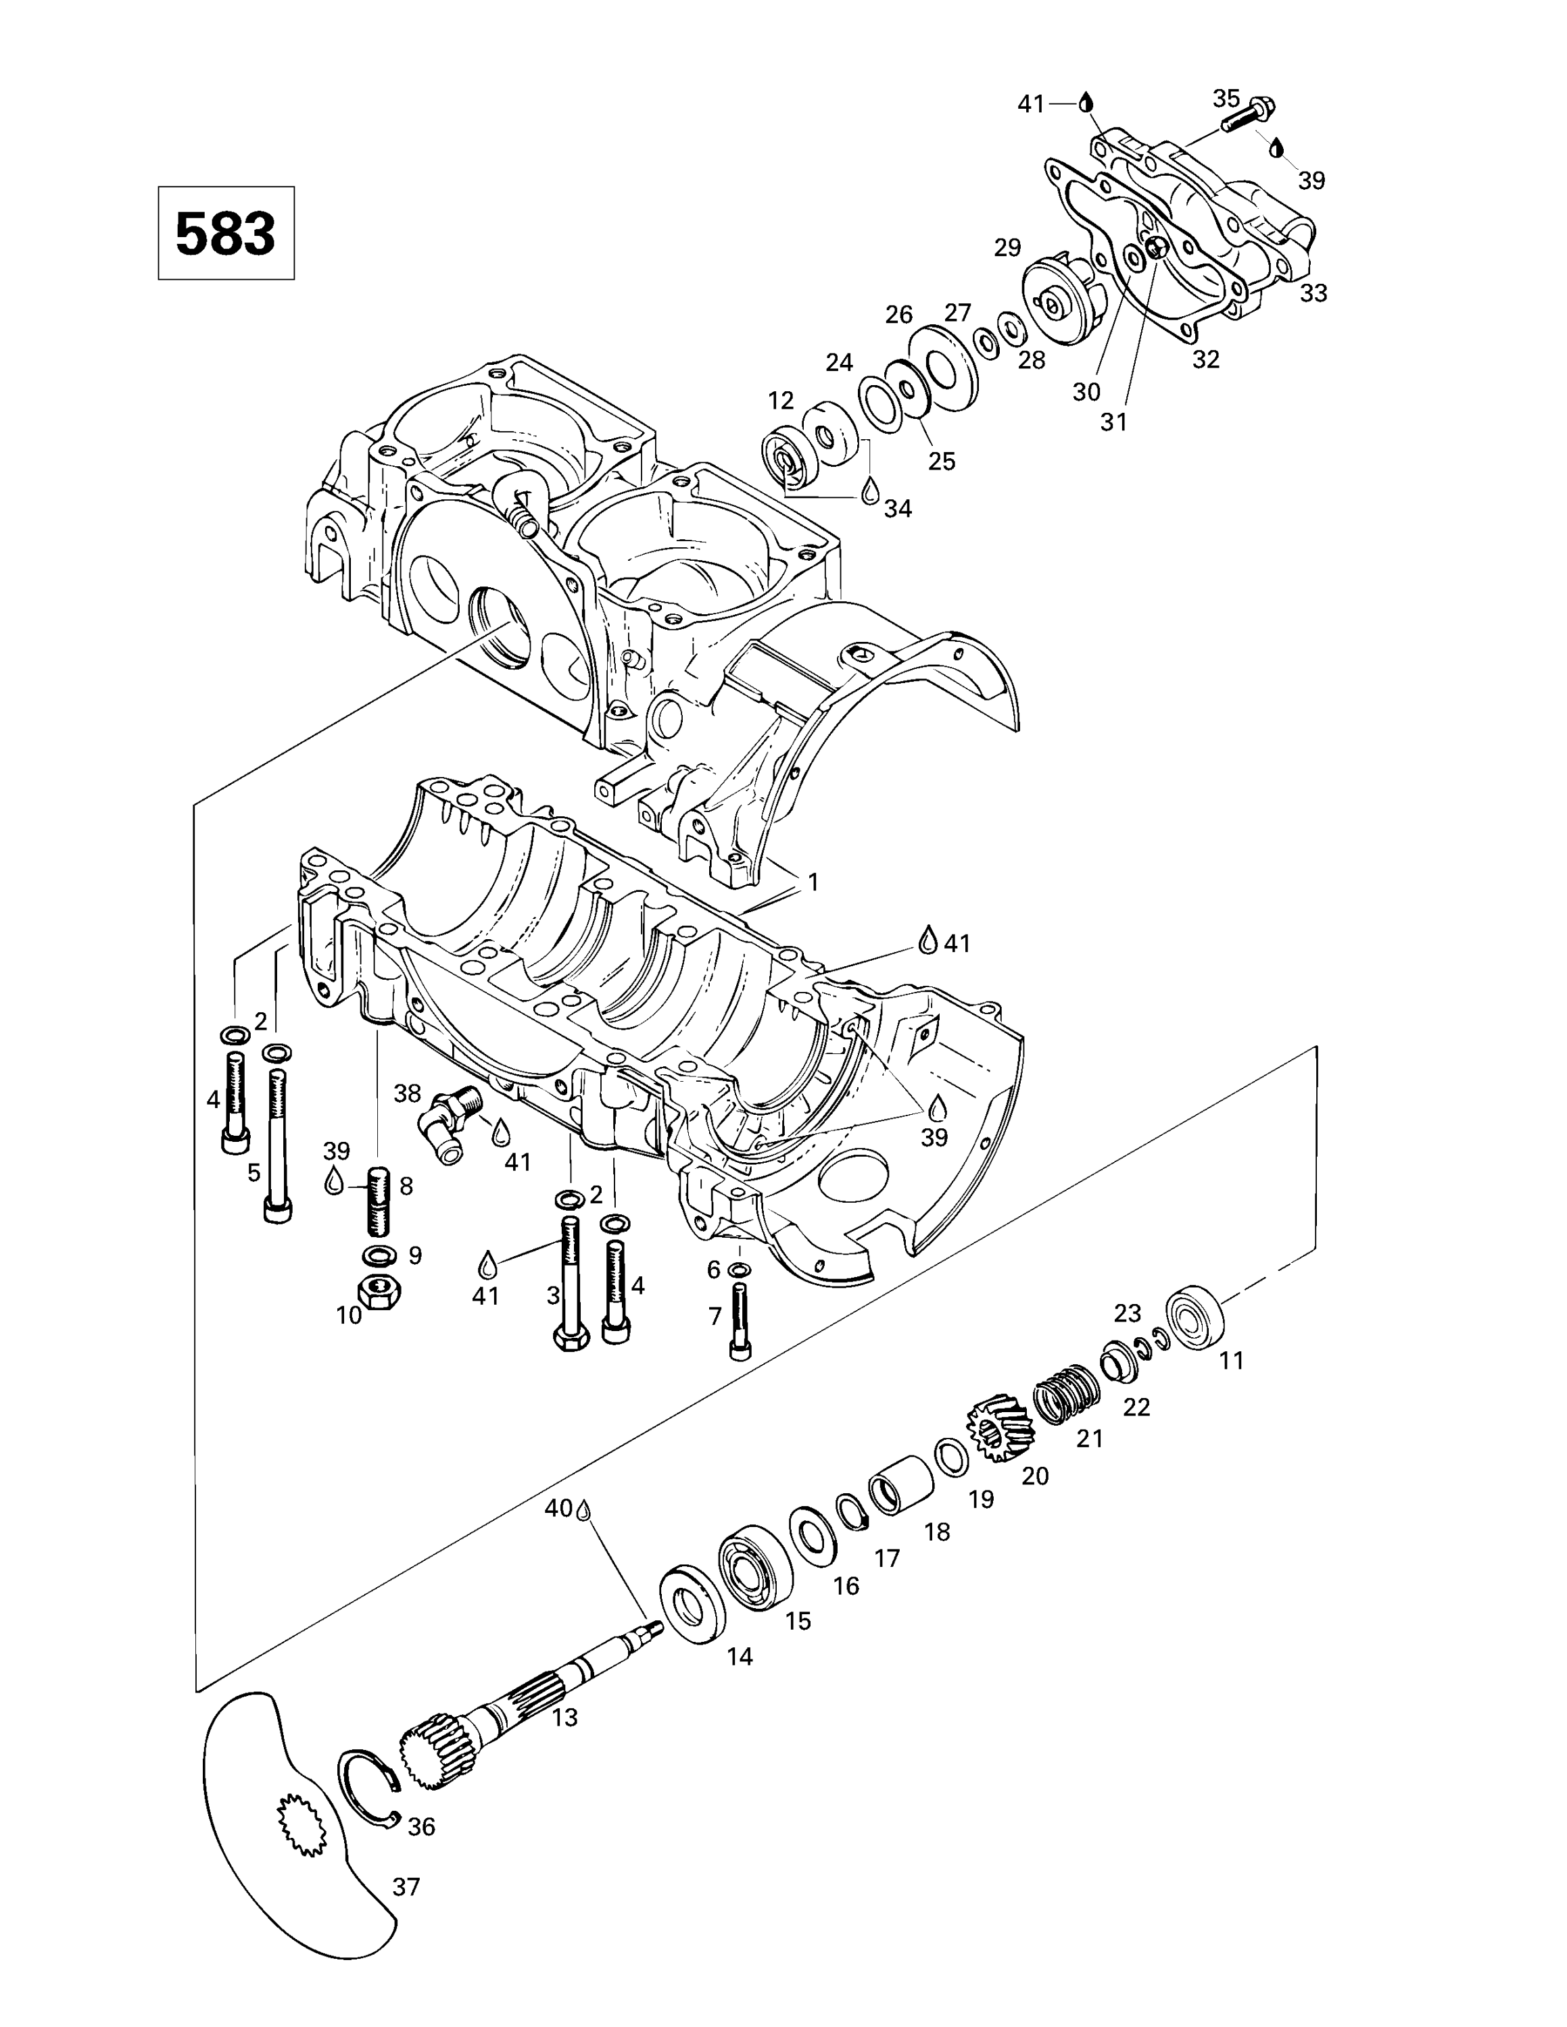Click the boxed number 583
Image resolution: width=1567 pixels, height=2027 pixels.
coord(226,233)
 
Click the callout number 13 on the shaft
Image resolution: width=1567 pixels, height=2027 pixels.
coord(564,1717)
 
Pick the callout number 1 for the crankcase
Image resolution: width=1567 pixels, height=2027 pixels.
coord(813,882)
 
